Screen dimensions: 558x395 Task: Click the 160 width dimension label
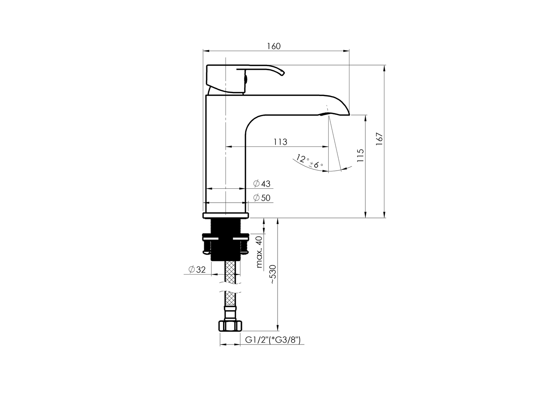274,46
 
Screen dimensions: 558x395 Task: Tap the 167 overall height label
379,139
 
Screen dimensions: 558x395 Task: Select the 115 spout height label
360,155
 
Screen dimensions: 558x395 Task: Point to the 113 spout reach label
280,142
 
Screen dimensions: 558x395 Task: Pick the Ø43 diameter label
262,184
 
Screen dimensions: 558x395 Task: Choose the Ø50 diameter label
262,198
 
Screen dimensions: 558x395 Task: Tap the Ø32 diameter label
197,270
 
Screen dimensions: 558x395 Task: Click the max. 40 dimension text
259,252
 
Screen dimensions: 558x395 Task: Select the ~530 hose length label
273,275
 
